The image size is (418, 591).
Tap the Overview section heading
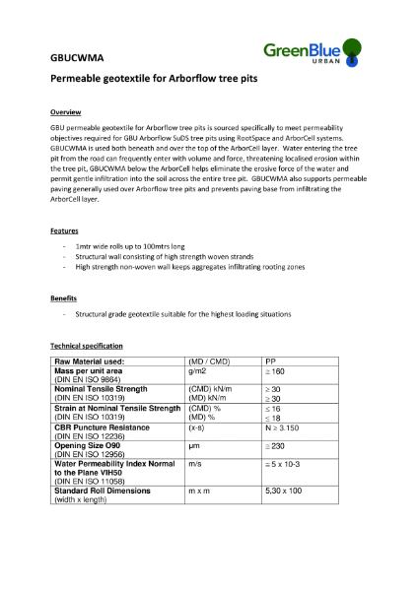click(66, 112)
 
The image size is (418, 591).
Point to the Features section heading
click(64, 230)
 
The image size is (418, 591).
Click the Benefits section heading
click(64, 297)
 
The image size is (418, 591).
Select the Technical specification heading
click(87, 347)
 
